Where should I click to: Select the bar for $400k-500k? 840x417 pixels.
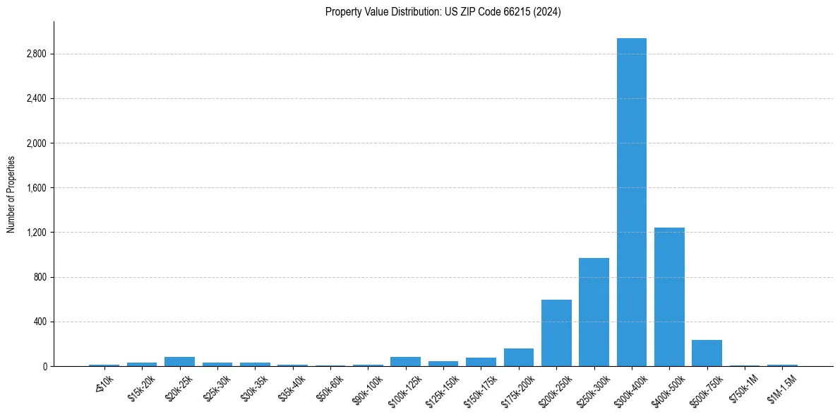point(669,297)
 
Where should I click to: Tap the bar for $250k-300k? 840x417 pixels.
point(594,312)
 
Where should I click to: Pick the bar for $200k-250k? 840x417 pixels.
point(556,333)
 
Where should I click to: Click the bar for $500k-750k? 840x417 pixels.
point(707,353)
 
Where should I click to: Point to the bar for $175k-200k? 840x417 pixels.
point(518,358)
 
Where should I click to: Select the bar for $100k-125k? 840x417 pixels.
point(405,362)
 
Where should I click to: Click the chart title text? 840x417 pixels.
point(443,12)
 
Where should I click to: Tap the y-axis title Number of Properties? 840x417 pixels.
point(11,194)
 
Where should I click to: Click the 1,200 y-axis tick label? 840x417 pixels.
point(35,233)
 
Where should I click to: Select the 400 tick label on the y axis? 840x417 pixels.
point(40,322)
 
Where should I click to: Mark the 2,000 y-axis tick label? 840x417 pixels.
point(35,143)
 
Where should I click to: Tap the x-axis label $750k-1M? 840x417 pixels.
point(745,388)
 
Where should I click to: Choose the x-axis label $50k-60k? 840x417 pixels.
point(330,388)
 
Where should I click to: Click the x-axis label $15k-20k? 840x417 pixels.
point(142,388)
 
